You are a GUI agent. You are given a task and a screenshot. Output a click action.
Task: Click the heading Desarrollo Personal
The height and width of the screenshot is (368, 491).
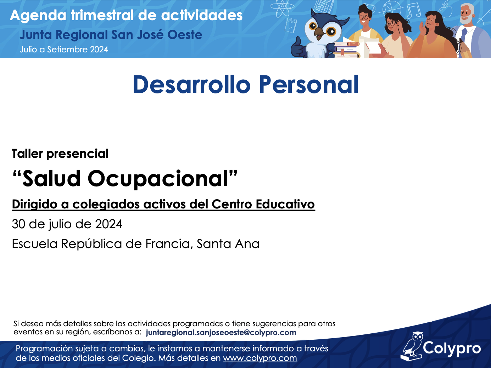click(246, 85)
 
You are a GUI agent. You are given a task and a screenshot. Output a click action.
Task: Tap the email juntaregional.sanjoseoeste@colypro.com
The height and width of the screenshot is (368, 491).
click(221, 333)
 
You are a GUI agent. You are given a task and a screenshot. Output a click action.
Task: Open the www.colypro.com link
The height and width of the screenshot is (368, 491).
click(260, 358)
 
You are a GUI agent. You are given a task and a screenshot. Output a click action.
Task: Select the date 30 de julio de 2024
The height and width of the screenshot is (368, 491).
click(67, 224)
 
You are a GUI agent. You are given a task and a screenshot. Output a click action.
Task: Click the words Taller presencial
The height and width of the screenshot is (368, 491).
click(60, 154)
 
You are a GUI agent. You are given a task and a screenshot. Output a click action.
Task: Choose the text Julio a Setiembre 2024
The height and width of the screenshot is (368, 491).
click(64, 49)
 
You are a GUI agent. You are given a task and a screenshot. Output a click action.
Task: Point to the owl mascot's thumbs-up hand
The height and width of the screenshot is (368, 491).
click(298, 48)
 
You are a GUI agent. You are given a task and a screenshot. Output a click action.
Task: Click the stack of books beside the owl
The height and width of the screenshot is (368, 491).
click(347, 50)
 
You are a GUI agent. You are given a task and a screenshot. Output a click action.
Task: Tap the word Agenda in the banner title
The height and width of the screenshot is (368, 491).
click(38, 16)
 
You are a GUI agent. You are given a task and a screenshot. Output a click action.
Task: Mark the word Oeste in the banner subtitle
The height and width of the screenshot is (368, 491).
click(185, 35)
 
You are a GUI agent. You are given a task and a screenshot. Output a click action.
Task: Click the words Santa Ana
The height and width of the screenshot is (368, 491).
click(228, 243)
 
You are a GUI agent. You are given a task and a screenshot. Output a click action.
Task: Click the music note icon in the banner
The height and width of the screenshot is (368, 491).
click(413, 11)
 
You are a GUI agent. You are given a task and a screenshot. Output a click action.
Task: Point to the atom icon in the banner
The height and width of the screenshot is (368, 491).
click(282, 8)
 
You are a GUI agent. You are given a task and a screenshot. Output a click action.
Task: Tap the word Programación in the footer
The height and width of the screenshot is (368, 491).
click(44, 349)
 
